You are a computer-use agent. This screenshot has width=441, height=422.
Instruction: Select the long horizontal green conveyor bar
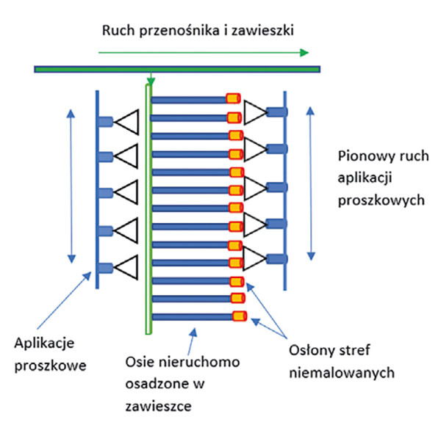(176, 69)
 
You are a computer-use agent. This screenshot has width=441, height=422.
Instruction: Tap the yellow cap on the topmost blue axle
(233, 98)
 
